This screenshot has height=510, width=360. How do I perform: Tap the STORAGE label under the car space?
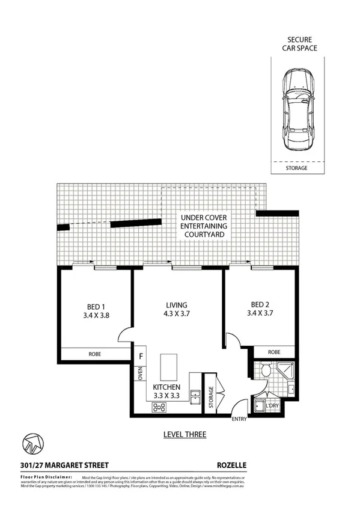tap(296, 168)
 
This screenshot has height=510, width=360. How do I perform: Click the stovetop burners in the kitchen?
tap(160, 408)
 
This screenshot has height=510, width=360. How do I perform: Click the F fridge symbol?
tap(141, 355)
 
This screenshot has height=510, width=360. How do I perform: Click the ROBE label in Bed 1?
tap(95, 354)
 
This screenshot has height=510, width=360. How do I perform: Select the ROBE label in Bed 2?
tap(274, 352)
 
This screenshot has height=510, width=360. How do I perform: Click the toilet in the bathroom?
tap(265, 371)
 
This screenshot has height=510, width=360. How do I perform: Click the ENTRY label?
tap(240, 419)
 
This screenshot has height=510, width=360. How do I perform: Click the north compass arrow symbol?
tap(32, 444)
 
